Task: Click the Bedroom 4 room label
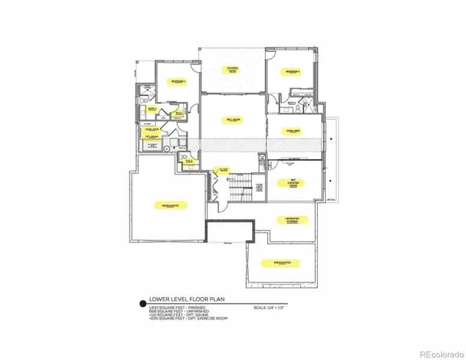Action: click(x=178, y=82)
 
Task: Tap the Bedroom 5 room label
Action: click(x=292, y=72)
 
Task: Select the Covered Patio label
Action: click(x=232, y=70)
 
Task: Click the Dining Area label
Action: click(x=293, y=131)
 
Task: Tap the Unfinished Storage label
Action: click(x=292, y=221)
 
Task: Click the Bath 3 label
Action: click(x=152, y=109)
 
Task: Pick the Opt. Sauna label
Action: click(x=151, y=136)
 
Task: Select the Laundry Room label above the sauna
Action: click(x=151, y=128)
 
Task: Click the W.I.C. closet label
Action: click(x=178, y=113)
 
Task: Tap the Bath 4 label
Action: click(x=292, y=103)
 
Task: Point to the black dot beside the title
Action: click(x=142, y=304)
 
